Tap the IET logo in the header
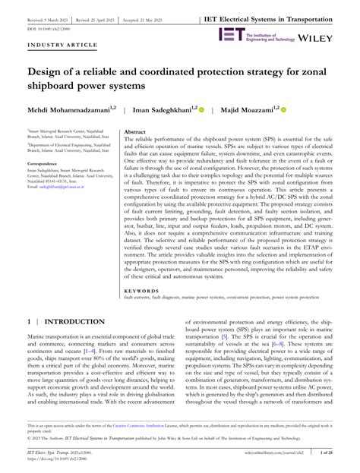231,34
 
